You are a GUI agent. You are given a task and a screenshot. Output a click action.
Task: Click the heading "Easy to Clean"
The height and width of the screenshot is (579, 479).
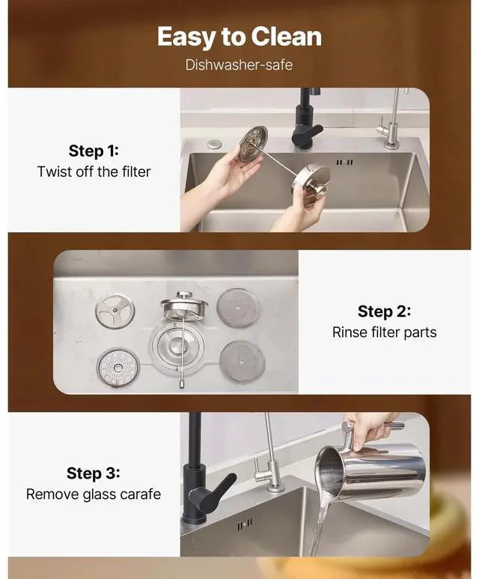click(x=239, y=37)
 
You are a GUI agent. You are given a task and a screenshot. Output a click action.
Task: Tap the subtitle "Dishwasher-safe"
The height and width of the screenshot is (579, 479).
click(x=239, y=65)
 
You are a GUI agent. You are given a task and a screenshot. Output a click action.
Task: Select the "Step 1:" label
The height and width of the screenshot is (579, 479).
click(x=94, y=151)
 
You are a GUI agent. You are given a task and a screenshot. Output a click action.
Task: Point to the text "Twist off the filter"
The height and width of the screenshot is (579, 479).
click(x=94, y=172)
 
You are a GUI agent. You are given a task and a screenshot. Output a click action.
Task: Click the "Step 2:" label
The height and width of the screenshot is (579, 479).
click(x=384, y=312)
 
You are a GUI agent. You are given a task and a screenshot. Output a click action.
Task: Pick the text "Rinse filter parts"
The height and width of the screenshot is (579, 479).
click(x=384, y=333)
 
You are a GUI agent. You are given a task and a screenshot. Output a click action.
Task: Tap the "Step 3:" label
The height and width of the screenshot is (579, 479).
click(x=94, y=473)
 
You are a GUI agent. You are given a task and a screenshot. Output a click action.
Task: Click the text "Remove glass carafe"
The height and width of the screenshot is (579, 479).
click(x=94, y=494)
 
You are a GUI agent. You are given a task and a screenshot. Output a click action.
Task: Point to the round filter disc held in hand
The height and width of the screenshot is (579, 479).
click(x=252, y=144)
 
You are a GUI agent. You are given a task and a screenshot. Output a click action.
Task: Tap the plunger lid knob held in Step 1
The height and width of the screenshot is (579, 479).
click(x=320, y=190)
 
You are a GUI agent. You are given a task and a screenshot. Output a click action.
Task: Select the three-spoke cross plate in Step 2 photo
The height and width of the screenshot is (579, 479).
click(x=115, y=311)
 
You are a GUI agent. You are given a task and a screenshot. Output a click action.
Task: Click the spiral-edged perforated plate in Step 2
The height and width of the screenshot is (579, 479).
click(x=118, y=368)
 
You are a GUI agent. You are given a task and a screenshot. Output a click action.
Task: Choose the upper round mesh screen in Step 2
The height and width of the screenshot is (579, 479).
click(x=238, y=307)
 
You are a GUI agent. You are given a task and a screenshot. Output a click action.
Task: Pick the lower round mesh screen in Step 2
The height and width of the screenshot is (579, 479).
click(x=242, y=362)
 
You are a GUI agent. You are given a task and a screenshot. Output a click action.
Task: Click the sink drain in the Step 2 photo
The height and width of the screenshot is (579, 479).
click(x=174, y=345)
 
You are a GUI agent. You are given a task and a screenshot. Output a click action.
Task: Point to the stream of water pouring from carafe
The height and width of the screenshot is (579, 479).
click(x=318, y=524)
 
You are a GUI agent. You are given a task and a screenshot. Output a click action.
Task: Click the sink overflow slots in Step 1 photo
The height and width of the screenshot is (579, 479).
click(x=344, y=162)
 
